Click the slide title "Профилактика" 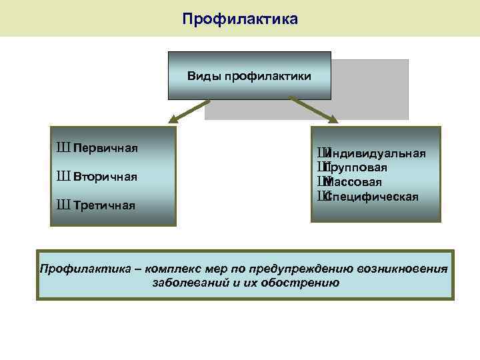[240, 19]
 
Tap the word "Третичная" [105, 205]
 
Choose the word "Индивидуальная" [377, 154]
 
